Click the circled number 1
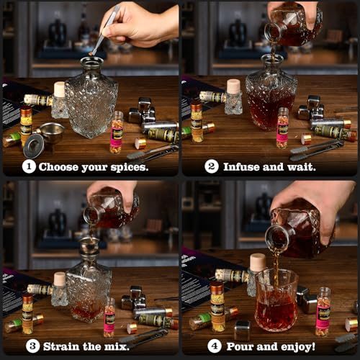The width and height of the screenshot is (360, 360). pyautogui.click(x=28, y=167)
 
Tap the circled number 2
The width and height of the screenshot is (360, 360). pyautogui.click(x=212, y=167)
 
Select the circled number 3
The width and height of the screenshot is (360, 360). pyautogui.click(x=32, y=346)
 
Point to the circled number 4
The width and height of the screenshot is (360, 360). pyautogui.click(x=214, y=346)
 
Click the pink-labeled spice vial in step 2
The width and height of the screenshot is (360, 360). pyautogui.click(x=282, y=128)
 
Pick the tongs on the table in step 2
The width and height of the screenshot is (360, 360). pyautogui.click(x=317, y=150)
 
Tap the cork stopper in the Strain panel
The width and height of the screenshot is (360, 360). pyautogui.click(x=59, y=279)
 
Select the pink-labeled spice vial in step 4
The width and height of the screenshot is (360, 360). pyautogui.click(x=323, y=312)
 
